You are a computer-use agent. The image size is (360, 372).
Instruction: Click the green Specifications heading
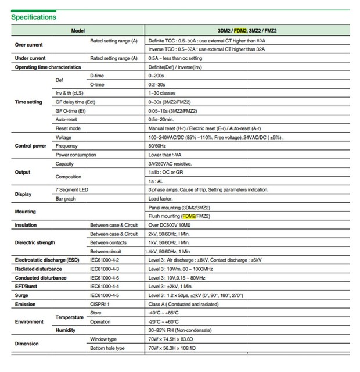click(34, 17)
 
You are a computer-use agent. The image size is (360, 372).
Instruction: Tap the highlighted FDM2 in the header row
click(240, 31)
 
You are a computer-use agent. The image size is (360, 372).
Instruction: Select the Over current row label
click(28, 45)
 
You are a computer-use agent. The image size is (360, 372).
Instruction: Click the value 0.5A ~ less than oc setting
click(175, 58)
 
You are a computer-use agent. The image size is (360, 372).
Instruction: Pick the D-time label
click(97, 76)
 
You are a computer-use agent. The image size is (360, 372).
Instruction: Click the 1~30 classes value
click(164, 93)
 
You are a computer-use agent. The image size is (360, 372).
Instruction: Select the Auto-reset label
click(67, 119)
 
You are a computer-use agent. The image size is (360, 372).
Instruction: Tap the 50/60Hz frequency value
click(158, 146)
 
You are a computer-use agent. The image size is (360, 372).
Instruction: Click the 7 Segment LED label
click(72, 189)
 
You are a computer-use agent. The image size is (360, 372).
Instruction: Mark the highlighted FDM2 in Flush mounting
click(189, 216)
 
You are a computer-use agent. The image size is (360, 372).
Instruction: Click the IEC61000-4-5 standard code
click(105, 295)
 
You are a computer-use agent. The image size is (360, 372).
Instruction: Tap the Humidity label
click(66, 330)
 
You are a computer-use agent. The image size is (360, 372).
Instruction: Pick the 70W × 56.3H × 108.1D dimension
click(172, 348)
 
